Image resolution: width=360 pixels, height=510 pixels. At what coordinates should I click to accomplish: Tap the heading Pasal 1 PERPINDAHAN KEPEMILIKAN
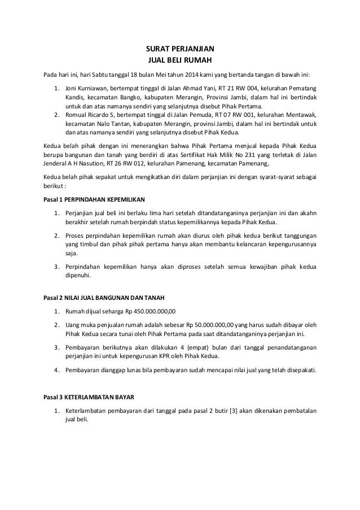pos(95,200)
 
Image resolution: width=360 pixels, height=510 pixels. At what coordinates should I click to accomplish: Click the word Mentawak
pos(298,115)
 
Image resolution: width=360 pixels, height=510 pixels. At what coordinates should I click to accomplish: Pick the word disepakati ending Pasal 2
pos(298,370)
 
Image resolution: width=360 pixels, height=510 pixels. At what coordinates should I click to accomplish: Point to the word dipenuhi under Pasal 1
pos(78,276)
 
